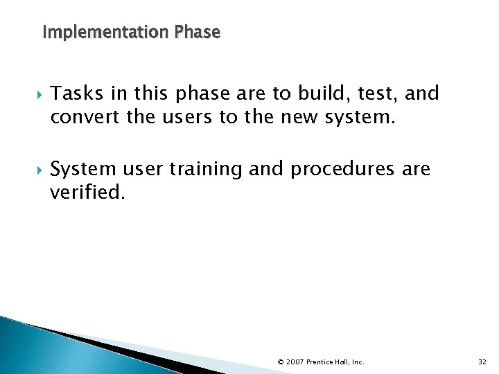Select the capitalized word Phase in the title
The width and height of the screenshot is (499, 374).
point(198,33)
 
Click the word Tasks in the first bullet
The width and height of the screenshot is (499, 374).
point(73,93)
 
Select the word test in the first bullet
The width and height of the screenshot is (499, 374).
point(376,93)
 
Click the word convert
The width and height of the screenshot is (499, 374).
point(82,118)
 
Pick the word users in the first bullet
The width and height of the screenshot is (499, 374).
point(183,118)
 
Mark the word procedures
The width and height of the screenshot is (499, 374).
point(343,170)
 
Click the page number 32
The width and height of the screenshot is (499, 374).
point(483,362)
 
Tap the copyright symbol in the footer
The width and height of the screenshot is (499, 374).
point(280,362)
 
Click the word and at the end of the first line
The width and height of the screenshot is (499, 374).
point(422,93)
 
